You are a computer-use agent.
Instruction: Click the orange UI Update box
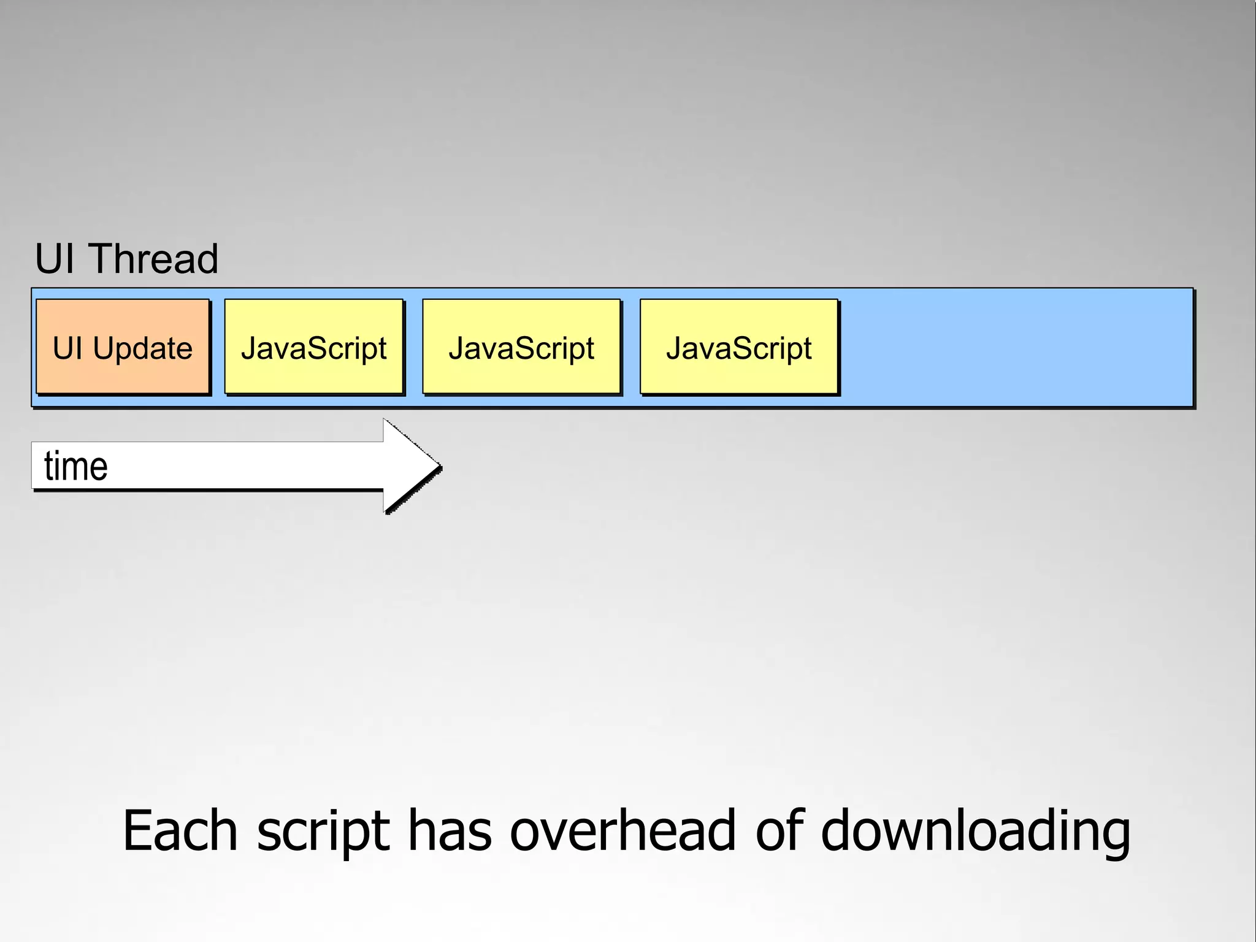click(123, 347)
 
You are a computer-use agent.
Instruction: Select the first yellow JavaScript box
click(313, 347)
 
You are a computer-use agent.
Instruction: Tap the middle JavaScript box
click(521, 347)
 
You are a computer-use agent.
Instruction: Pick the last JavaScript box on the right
click(739, 347)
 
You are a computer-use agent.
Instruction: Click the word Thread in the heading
click(154, 259)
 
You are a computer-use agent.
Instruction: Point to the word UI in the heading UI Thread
click(56, 259)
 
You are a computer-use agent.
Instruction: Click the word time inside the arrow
click(76, 466)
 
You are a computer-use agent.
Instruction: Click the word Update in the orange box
click(142, 348)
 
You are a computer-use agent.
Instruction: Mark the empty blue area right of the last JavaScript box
click(1015, 347)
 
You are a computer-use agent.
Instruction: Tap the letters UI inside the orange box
click(67, 348)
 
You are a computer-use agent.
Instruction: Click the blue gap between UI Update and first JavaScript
click(218, 347)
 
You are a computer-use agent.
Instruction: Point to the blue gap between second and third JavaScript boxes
click(631, 347)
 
